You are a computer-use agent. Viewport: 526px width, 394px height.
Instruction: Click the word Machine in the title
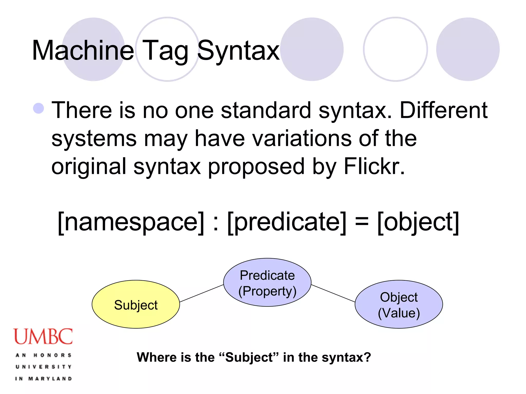tap(83, 51)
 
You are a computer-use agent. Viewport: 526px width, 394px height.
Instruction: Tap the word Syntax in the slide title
tap(238, 51)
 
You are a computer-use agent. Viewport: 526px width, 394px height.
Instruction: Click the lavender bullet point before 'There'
tap(39, 108)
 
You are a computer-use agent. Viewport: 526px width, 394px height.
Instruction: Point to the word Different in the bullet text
tap(444, 110)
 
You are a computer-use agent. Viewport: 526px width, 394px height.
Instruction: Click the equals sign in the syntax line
tap(362, 222)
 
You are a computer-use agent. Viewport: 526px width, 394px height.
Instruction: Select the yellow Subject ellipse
tap(136, 304)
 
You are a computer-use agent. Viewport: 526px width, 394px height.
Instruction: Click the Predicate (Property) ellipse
tap(267, 282)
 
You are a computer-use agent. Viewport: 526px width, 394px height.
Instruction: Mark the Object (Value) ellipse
tap(399, 304)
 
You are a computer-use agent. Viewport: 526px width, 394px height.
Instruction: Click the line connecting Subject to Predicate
tap(201, 293)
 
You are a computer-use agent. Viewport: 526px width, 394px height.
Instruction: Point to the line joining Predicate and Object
tap(333, 293)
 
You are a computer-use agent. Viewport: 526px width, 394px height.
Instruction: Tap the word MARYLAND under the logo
tap(50, 379)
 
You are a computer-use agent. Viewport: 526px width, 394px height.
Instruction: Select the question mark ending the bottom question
tap(368, 357)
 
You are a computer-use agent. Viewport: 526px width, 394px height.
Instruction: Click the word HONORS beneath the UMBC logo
tap(52, 355)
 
